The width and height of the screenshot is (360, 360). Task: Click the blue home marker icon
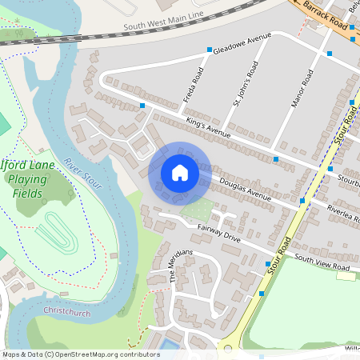(179, 173)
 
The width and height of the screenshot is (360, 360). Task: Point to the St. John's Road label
(238, 92)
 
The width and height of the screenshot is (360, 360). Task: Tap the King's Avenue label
(208, 126)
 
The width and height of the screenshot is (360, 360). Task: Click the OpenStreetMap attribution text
(81, 354)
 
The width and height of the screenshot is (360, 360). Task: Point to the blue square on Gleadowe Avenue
(210, 50)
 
